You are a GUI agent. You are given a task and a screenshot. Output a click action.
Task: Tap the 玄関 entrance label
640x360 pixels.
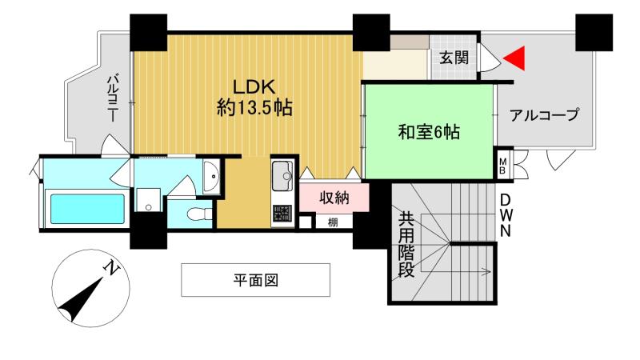(x=454, y=57)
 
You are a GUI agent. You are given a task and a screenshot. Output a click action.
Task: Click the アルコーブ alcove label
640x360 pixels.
(x=545, y=115)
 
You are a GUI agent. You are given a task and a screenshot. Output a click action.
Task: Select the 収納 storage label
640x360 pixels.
(x=334, y=198)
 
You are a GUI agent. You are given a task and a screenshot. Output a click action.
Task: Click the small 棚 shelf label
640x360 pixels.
(x=332, y=222)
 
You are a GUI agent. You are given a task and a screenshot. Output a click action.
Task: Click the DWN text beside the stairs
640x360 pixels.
(x=506, y=215)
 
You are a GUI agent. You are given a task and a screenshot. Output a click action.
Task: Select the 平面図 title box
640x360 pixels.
(x=255, y=281)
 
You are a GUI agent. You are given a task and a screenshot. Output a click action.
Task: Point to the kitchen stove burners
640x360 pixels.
(x=282, y=214)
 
